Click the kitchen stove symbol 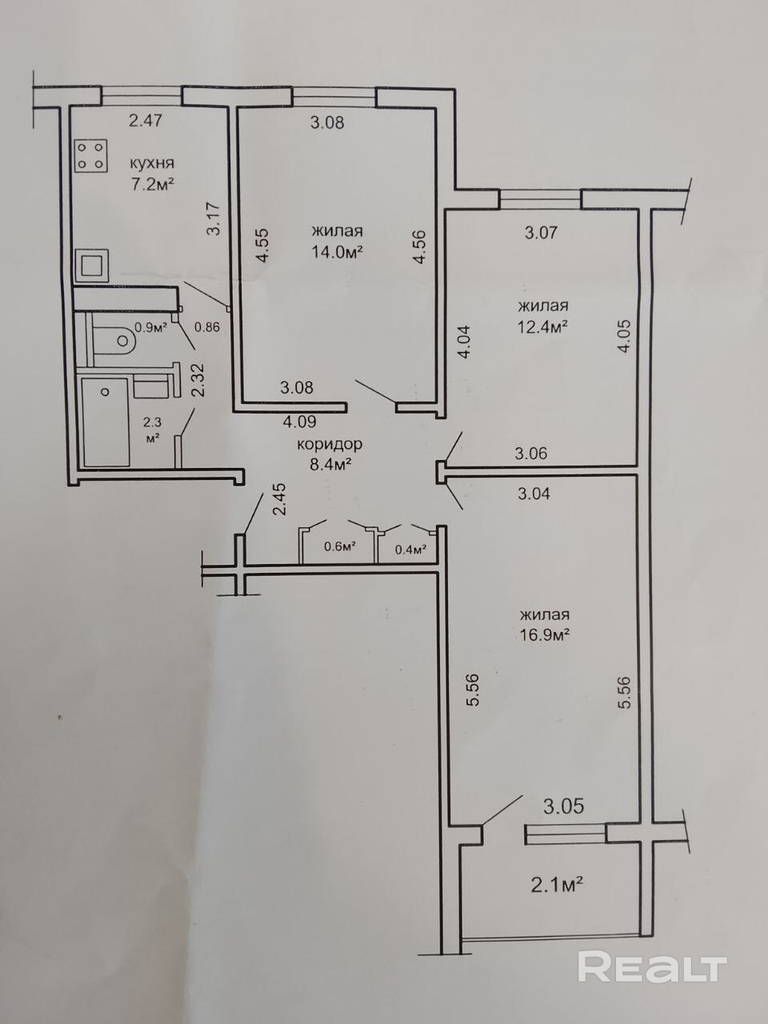90,156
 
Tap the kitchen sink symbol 91,266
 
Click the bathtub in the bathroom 106,422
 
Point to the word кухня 151,164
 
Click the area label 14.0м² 338,252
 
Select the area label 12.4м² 542,327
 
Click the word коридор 330,445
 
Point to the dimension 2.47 146,121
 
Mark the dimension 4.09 299,422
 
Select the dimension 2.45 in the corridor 279,499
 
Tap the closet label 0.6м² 341,546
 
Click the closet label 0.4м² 411,550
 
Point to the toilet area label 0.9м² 150,327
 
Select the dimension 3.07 541,232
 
